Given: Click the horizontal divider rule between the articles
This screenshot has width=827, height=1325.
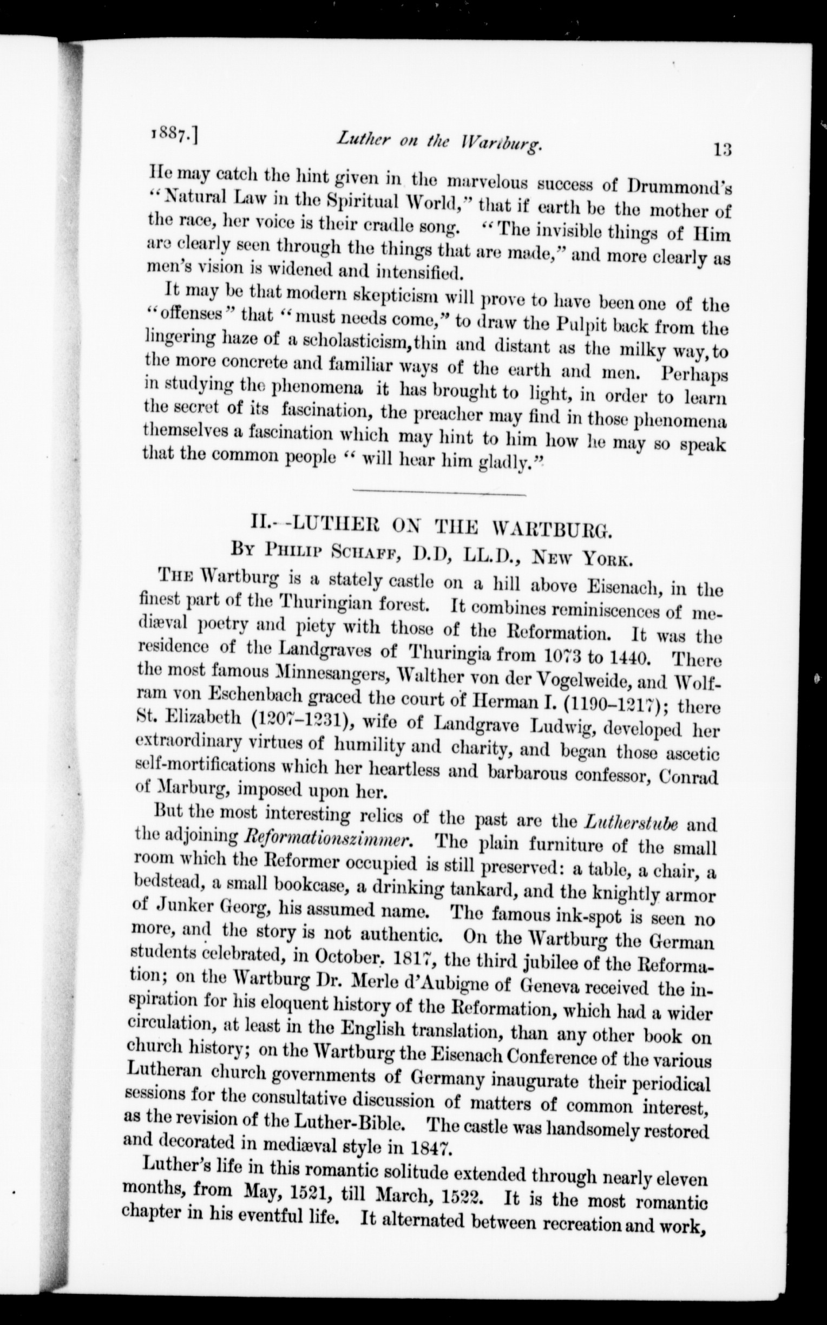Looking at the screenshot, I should pos(439,494).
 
